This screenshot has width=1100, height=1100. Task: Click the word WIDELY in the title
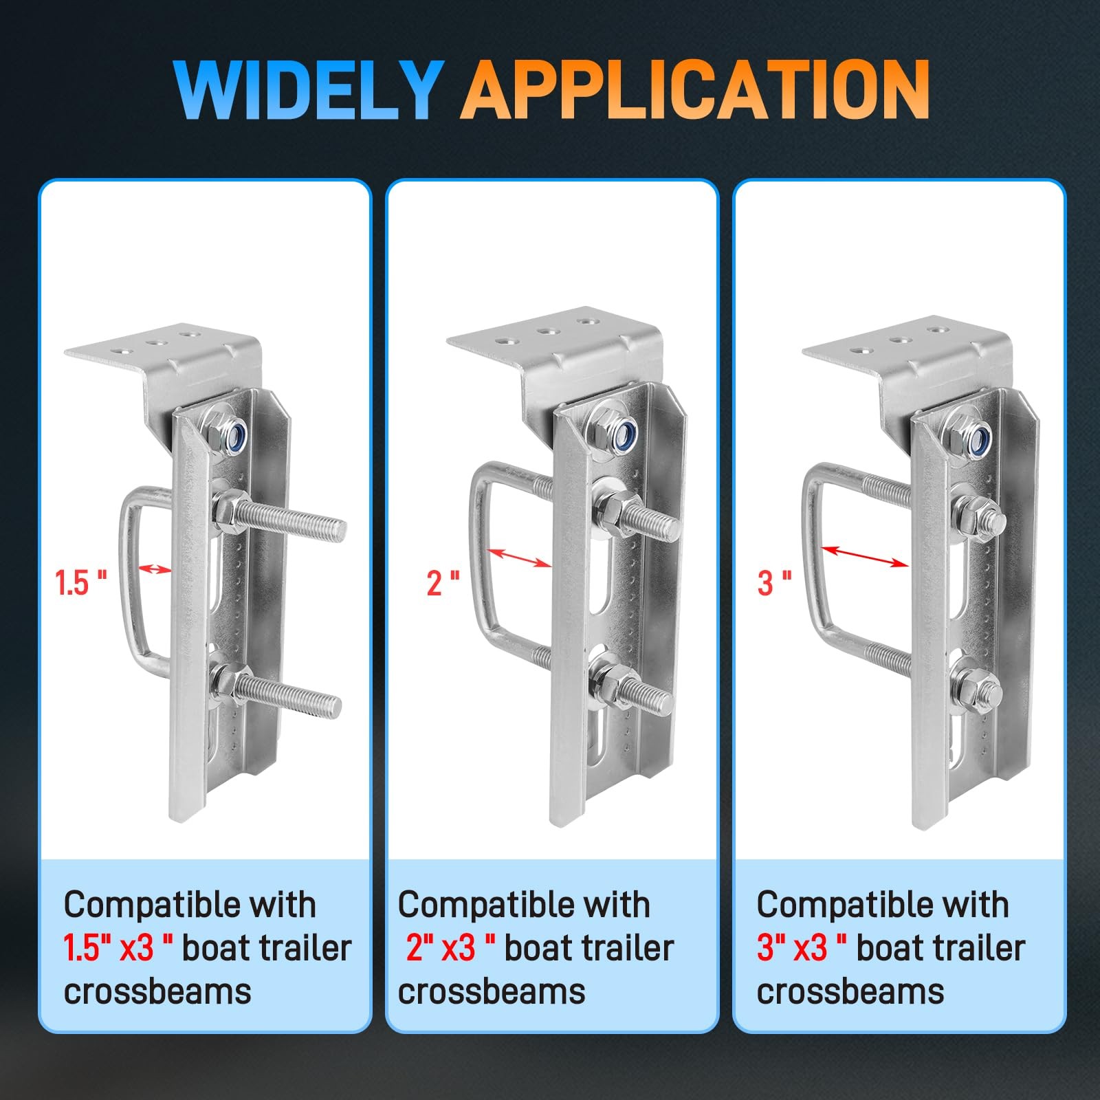pos(307,90)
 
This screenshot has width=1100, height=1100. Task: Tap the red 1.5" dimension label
pos(81,583)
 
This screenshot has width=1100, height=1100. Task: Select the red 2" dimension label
pos(443,583)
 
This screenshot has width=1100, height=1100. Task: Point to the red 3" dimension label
pos(774,583)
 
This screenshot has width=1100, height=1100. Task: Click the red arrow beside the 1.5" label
pos(155,569)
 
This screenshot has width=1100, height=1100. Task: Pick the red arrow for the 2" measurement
pos(519,558)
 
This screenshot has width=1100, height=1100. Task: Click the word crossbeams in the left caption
pos(157,991)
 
